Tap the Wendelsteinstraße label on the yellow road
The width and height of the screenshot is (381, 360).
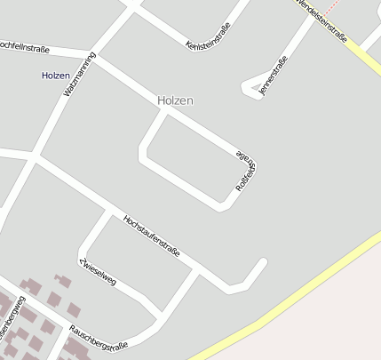(321, 19)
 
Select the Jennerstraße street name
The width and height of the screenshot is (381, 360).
(271, 75)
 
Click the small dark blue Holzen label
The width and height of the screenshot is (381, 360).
(56, 76)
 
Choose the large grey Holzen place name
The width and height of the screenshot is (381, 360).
(175, 100)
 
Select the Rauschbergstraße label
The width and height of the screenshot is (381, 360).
(99, 337)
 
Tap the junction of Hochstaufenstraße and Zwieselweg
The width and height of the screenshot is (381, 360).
(111, 212)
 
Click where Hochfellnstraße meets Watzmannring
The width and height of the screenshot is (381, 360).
(97, 57)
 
